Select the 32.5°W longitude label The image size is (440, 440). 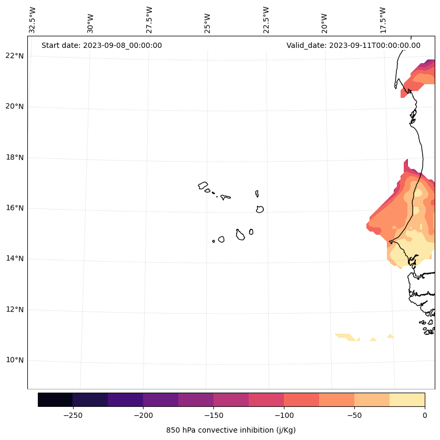(x=33, y=20)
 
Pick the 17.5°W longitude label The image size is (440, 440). (x=383, y=20)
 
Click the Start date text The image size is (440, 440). (x=101, y=45)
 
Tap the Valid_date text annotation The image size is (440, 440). (x=353, y=45)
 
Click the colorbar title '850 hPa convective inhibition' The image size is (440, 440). (x=231, y=430)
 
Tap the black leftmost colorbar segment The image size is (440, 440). (x=55, y=399)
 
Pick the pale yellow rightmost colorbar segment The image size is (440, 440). (x=407, y=399)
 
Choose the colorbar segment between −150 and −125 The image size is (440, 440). (x=231, y=399)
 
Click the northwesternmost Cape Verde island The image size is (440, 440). (x=203, y=185)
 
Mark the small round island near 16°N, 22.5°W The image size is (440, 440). (x=260, y=209)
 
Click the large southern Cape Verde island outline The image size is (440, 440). (x=240, y=235)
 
